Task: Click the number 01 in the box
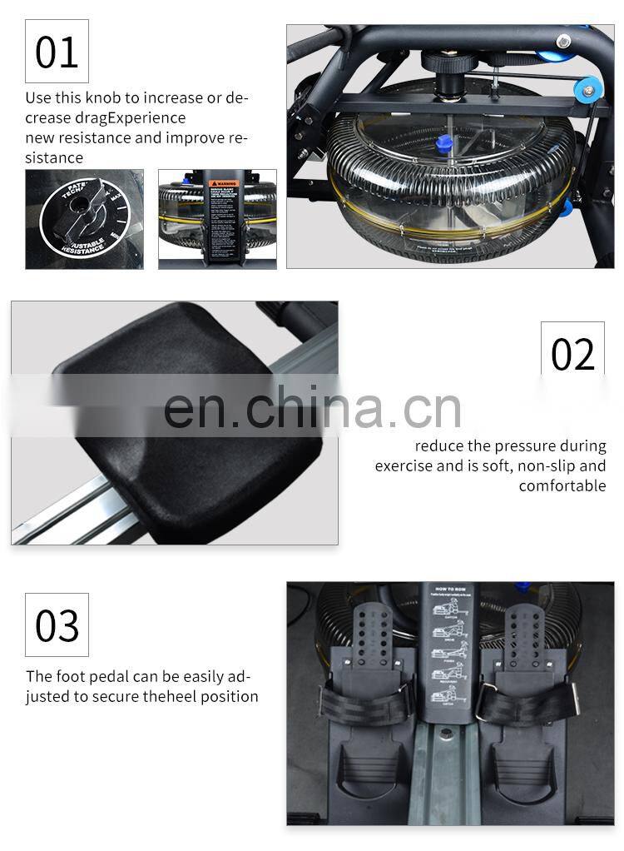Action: tap(57, 52)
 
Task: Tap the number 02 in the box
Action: tap(572, 354)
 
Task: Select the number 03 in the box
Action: tap(57, 625)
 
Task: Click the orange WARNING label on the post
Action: tap(223, 184)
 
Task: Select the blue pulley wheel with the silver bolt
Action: tap(590, 90)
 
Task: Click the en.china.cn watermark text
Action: tap(312, 408)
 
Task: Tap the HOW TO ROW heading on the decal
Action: tap(450, 592)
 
